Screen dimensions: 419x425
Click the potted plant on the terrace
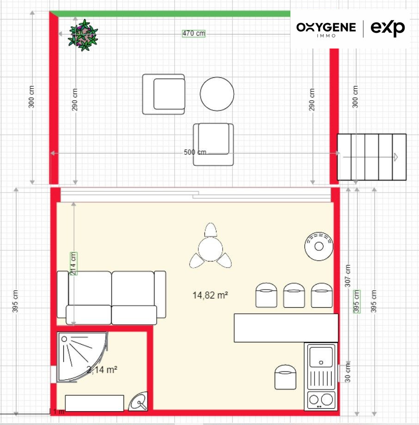[x=83, y=35]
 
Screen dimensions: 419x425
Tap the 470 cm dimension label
[x=193, y=33]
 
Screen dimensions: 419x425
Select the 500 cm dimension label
[x=195, y=152]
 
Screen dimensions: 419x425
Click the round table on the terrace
[x=217, y=94]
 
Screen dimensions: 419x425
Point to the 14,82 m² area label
[x=210, y=295]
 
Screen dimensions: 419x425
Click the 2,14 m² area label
[x=102, y=370]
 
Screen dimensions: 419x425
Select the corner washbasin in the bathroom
[x=138, y=401]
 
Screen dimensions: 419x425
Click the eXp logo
[x=388, y=28]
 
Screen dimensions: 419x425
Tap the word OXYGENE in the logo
[x=326, y=27]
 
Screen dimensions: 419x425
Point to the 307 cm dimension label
[x=348, y=276]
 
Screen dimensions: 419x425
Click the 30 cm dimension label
[x=348, y=373]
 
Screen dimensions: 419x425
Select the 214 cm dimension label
[x=74, y=263]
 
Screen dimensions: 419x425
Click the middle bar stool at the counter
[x=294, y=295]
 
